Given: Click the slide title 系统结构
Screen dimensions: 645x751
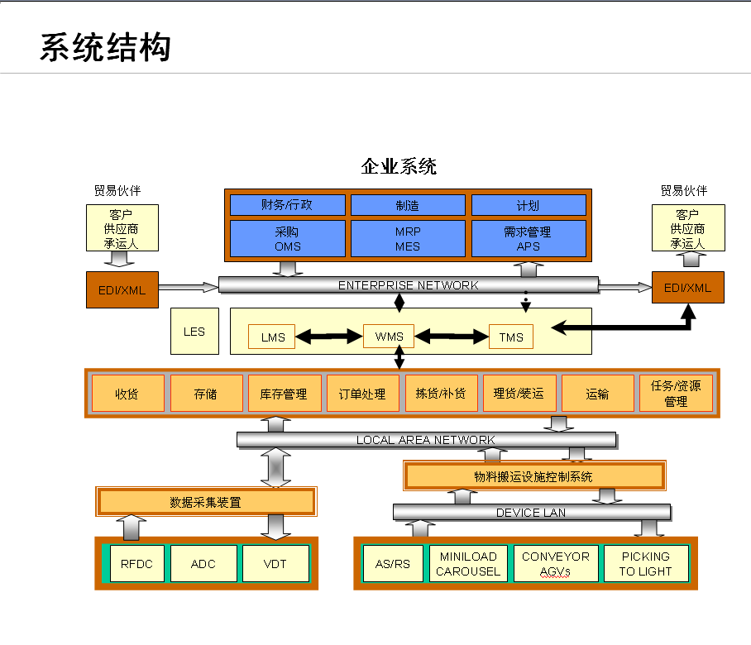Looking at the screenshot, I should tap(106, 48).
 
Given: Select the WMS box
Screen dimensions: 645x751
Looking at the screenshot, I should tap(389, 337).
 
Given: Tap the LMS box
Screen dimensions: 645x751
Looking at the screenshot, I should tap(272, 337).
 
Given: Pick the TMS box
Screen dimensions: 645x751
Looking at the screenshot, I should tap(511, 337).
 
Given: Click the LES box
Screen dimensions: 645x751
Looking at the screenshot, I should tap(194, 332).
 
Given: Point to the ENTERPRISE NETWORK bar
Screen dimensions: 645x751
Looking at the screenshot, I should tap(408, 285).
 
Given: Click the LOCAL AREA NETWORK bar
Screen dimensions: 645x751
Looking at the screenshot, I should tap(426, 440).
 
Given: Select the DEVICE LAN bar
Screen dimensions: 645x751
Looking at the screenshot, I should tap(530, 513).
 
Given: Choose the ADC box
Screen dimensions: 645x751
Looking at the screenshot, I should tap(203, 564).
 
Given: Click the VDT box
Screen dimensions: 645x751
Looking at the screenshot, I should tap(275, 564).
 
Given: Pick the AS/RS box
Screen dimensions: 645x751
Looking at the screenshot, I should tap(393, 564).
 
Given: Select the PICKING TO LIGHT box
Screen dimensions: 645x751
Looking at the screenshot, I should tap(645, 564).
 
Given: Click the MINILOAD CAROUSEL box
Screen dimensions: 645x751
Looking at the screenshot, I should tap(468, 564).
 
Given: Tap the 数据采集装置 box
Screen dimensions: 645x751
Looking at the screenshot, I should tap(206, 502).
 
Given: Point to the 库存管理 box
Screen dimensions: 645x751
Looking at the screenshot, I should tap(284, 394).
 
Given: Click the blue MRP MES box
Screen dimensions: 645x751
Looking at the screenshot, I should tap(407, 239).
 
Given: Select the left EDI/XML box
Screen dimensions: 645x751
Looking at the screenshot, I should tap(122, 289).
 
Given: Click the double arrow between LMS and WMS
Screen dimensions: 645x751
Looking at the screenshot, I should tap(329, 337).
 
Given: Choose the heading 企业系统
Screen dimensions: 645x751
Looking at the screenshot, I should tap(399, 166).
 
